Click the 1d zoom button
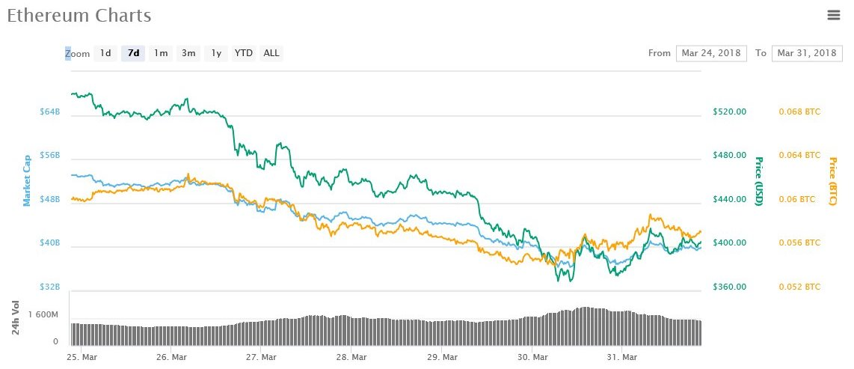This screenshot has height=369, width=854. pos(105,53)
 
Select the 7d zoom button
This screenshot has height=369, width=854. pos(134,53)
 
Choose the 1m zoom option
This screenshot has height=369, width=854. pos(161,53)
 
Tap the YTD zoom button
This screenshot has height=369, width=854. pos(244,53)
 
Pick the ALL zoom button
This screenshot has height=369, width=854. pos(271,53)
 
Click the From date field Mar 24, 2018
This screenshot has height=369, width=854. pos(711,53)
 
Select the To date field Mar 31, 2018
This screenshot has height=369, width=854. pos(806,53)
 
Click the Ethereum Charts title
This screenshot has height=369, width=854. pos(79,16)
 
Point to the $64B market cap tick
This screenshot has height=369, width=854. pos(49,112)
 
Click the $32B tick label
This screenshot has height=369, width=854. pos(49,287)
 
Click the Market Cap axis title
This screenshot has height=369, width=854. pos(27,180)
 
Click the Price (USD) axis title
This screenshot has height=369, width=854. pos(758,182)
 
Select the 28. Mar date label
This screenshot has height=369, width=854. pos(351,357)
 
